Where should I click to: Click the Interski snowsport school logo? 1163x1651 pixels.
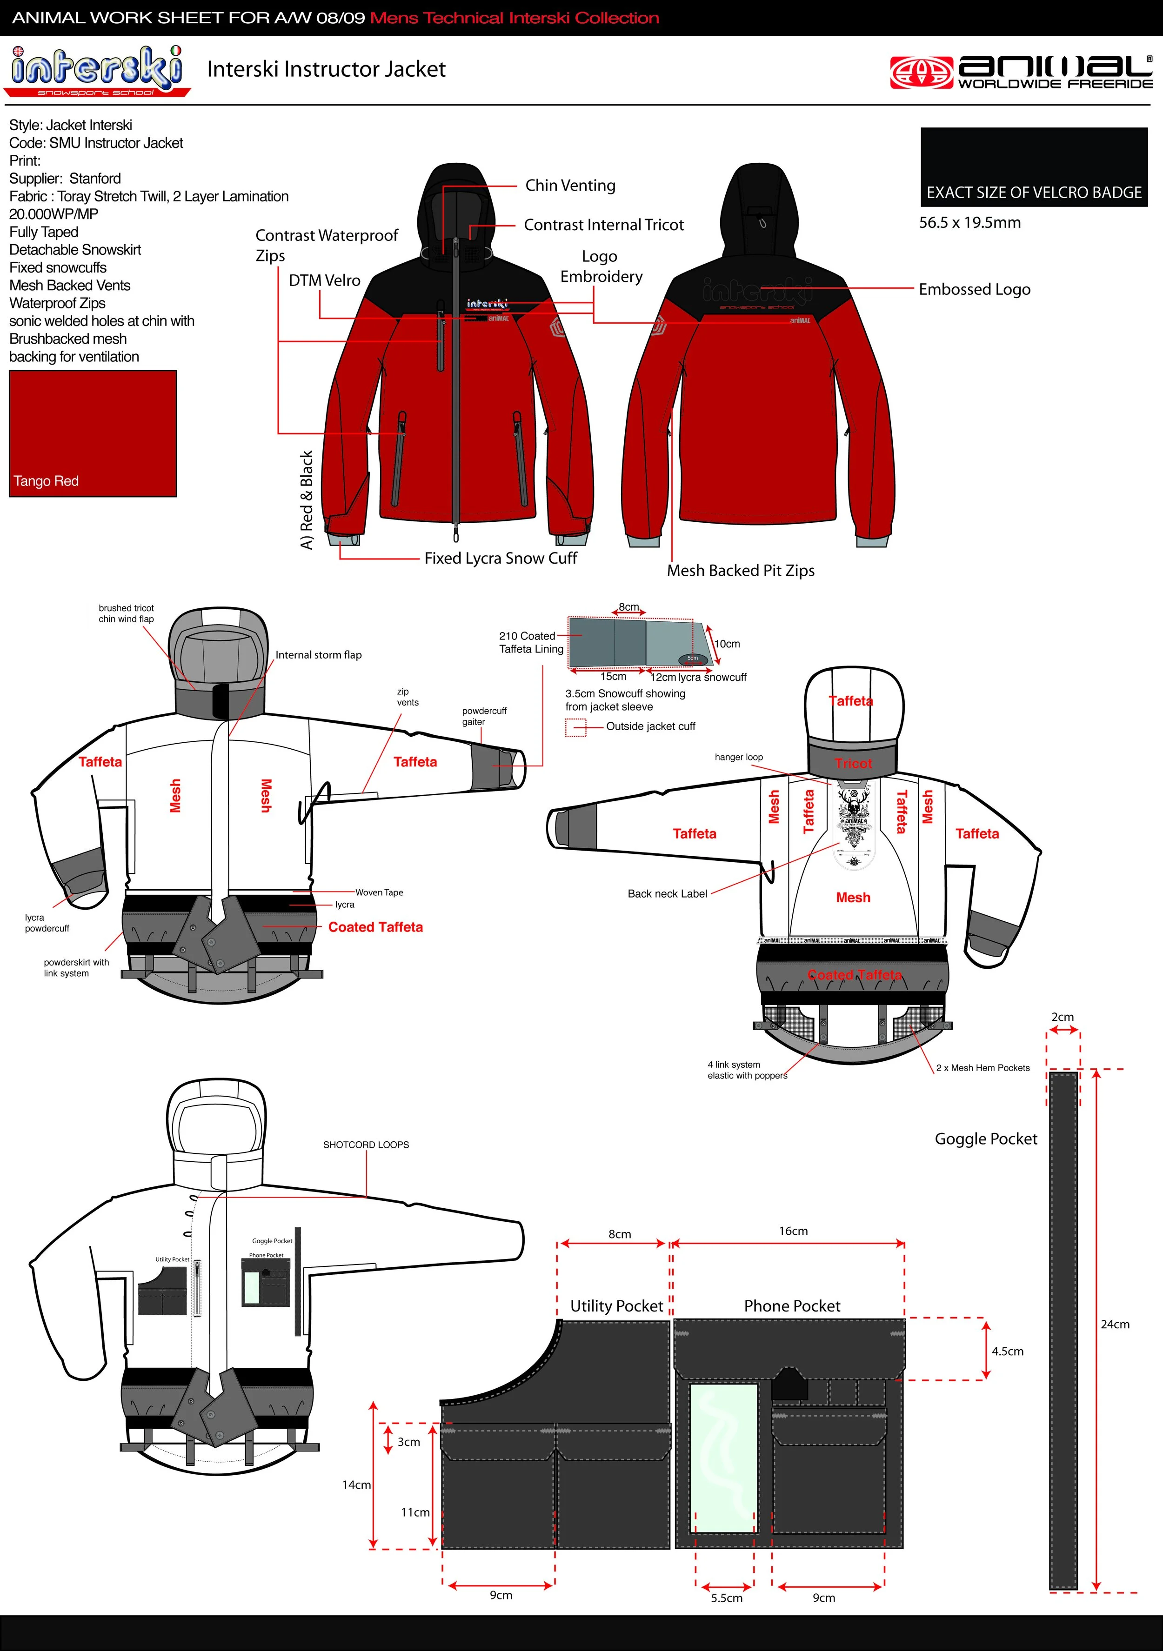[97, 71]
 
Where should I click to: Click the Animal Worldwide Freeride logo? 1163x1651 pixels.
[1021, 73]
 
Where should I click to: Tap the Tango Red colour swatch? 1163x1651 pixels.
[92, 433]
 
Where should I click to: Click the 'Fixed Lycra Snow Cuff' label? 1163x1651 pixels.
[500, 558]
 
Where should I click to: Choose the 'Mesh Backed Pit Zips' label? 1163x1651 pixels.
[740, 570]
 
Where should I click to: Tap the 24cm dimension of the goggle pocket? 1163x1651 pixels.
[1114, 1324]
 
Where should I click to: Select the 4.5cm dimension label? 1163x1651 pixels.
[1007, 1351]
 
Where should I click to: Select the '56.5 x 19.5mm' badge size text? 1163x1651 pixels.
[969, 222]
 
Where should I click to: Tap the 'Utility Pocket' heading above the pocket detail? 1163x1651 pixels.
[616, 1306]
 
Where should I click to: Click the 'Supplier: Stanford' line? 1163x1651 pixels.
[65, 178]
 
